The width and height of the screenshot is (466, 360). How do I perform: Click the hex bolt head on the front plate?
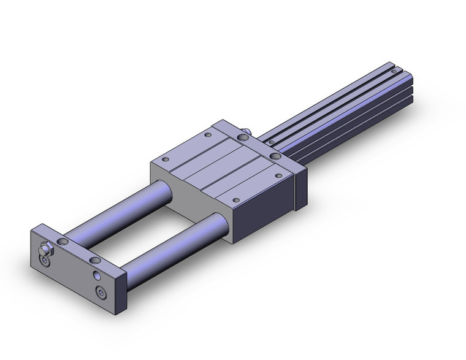coord(44,250)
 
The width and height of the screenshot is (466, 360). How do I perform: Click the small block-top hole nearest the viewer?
coord(235,199)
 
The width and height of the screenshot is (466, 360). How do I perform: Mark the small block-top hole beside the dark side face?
coord(279,175)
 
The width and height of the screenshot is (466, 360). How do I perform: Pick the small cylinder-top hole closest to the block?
coord(272,143)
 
